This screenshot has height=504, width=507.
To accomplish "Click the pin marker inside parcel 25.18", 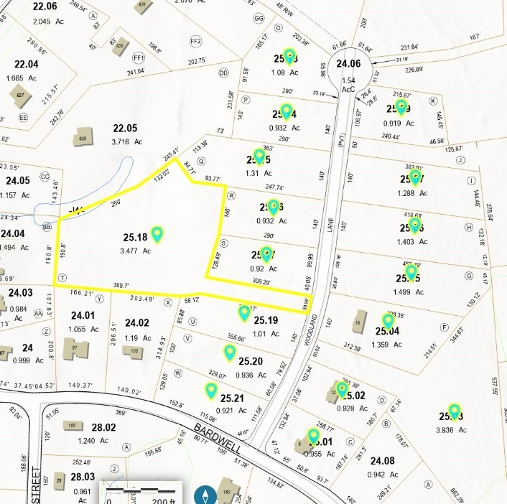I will click(157, 233).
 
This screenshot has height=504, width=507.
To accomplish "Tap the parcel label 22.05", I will click(124, 128).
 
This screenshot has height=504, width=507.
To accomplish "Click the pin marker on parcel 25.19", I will click(244, 312).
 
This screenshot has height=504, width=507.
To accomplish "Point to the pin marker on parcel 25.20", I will click(230, 352).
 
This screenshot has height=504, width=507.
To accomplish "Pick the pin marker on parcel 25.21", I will click(211, 391).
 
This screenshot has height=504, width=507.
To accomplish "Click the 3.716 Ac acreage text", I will click(124, 141).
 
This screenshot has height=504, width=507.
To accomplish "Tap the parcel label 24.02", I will click(136, 323).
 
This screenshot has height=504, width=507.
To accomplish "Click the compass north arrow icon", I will click(206, 495).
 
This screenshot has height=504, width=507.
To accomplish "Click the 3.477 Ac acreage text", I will click(136, 251).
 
